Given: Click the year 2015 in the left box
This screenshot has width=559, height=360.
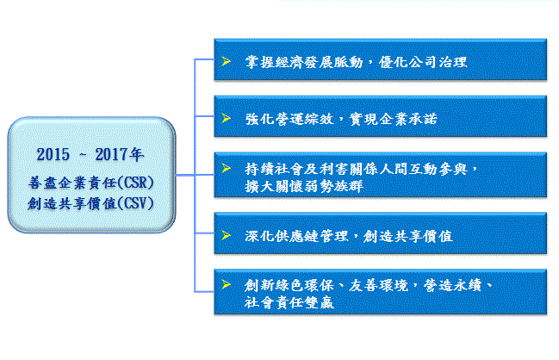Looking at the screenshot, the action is (53, 155).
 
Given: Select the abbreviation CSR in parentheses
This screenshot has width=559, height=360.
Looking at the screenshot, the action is (135, 183).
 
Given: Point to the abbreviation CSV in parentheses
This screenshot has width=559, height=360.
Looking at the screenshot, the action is (135, 203).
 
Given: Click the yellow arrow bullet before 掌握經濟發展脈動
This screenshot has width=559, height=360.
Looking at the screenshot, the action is (226, 61).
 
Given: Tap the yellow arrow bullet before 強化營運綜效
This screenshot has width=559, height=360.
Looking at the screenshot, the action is (226, 118).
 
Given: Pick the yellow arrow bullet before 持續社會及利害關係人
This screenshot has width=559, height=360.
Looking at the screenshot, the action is (226, 168).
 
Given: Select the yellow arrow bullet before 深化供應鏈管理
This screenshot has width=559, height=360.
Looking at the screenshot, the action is (226, 235).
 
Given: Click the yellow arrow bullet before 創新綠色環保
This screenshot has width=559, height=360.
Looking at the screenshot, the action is (226, 284).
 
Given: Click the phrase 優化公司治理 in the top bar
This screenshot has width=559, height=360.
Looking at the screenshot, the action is (423, 62).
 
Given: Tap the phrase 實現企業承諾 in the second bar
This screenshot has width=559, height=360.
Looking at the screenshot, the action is (394, 119).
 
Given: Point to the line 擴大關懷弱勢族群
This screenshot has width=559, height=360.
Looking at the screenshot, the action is (304, 186).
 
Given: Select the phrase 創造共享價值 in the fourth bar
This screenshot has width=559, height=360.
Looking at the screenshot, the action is (408, 236).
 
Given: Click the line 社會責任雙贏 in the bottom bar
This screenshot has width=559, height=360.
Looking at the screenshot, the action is (289, 302).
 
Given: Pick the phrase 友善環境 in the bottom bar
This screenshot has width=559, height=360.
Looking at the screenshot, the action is (378, 286).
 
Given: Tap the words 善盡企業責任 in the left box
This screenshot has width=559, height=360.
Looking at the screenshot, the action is (72, 183).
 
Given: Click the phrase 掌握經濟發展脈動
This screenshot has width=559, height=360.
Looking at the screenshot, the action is (304, 62).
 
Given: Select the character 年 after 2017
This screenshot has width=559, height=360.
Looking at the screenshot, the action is (137, 155).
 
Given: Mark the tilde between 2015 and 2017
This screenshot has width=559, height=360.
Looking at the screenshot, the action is (83, 155).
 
